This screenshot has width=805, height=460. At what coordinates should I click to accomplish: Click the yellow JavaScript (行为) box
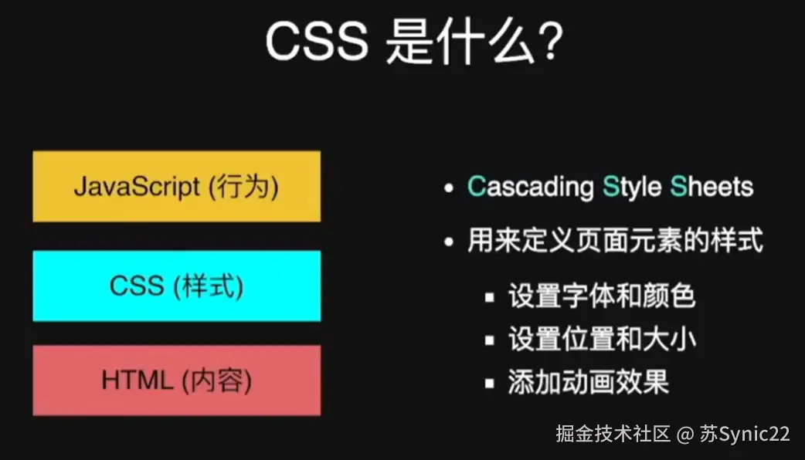(177, 186)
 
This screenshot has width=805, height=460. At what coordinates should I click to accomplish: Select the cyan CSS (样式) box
(177, 286)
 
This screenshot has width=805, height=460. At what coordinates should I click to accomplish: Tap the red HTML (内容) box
(177, 380)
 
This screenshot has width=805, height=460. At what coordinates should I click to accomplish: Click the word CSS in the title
(317, 41)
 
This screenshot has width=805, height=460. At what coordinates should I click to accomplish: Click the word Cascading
(530, 187)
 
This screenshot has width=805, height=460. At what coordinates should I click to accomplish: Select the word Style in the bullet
(632, 187)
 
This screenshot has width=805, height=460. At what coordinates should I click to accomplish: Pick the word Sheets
(712, 186)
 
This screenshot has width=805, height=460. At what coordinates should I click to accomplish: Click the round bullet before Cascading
(449, 188)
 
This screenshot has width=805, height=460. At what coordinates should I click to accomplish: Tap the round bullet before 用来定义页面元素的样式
(449, 241)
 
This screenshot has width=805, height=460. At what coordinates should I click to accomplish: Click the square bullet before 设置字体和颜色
(489, 297)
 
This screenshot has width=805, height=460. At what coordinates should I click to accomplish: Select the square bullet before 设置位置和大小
(489, 340)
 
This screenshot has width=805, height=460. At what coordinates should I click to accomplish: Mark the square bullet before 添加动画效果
(489, 383)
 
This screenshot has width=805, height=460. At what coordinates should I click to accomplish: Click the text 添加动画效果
(589, 382)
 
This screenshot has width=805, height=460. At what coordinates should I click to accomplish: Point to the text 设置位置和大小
(602, 339)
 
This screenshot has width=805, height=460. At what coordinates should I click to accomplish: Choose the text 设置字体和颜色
(602, 296)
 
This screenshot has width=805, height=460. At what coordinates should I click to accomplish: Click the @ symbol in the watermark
(685, 435)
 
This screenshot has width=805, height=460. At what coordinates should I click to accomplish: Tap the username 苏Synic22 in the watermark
(745, 434)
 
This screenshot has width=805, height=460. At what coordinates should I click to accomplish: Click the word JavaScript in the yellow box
(137, 187)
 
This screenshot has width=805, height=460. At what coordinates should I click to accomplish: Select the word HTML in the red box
(137, 381)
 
